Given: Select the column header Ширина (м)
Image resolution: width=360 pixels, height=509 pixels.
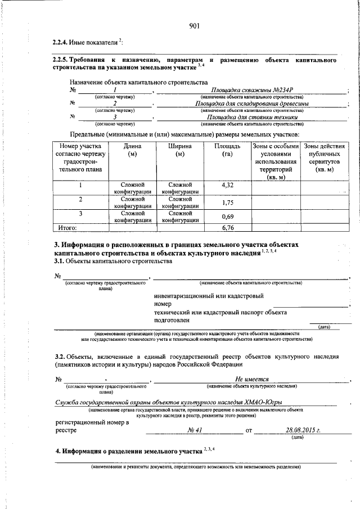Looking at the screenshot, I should tap(180, 150).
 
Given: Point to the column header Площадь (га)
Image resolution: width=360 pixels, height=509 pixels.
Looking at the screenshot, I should tap(227, 150).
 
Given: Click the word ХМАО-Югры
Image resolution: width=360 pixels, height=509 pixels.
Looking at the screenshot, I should tap(262, 402).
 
